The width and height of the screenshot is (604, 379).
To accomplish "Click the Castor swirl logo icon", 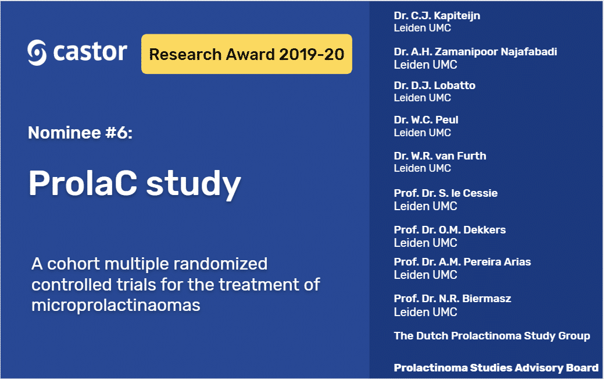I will pos(37,53).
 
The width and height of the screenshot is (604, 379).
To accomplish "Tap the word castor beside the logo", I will pos(90,52).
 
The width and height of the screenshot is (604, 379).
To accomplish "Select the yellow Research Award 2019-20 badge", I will pos(246,54).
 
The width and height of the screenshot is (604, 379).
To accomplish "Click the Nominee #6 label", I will pos(80,133).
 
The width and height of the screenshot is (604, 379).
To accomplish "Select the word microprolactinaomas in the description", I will pos(116,305).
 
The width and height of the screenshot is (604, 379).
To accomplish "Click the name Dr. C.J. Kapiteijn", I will pos(437,16).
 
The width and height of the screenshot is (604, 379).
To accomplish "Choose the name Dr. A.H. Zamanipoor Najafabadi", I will pos(475,52).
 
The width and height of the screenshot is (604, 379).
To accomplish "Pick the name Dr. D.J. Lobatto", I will pos(434,86).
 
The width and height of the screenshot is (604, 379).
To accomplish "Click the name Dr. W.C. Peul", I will pos(426,120).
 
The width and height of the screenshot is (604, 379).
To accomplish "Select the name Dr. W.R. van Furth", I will pos(439,156).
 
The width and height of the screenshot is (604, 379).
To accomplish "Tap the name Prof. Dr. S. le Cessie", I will pos(445,193).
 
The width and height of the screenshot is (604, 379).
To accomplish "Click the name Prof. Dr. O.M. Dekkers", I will pos(449,230).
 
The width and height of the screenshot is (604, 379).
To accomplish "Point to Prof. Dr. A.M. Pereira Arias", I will pos(462,262).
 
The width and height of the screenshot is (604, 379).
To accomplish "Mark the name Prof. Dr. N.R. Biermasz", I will pos(452,299).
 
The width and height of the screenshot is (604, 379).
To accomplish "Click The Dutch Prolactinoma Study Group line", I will pos(492,336).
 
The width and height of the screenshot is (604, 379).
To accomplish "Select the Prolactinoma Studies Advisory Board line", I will pos(496,368).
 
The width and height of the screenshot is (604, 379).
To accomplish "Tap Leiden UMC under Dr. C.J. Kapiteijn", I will pos(422,28).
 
